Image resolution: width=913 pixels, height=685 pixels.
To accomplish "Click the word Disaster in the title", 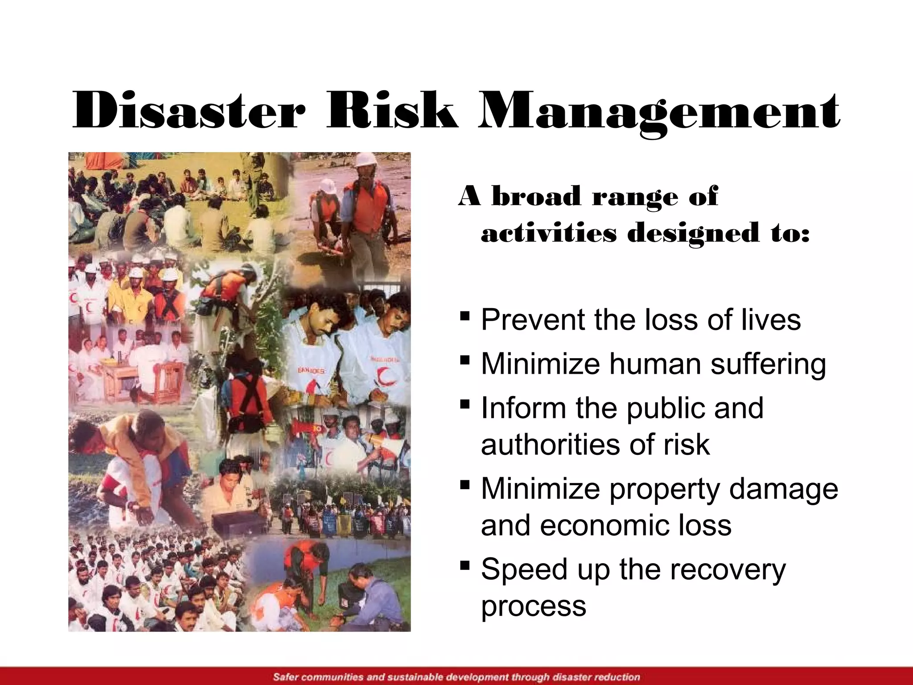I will (x=189, y=111).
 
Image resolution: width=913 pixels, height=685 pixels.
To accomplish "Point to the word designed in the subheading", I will (x=693, y=234).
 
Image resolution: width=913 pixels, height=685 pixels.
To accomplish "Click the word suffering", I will (x=768, y=364).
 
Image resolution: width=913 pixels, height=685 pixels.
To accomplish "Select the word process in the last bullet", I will (x=534, y=607).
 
